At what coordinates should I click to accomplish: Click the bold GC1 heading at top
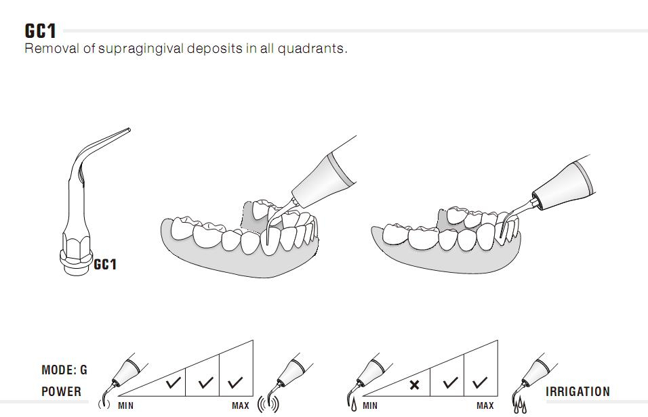click(40, 30)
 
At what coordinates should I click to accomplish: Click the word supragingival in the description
click(142, 49)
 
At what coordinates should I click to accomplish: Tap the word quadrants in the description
click(310, 49)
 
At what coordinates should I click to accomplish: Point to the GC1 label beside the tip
click(105, 264)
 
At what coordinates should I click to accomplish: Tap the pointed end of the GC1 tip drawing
click(129, 130)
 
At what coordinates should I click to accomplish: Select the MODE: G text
click(64, 370)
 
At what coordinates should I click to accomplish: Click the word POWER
click(61, 391)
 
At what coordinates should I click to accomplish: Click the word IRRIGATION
click(578, 391)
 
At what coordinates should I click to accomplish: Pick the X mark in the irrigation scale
click(414, 385)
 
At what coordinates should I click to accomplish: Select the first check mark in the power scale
click(173, 382)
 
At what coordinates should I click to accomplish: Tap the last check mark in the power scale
click(235, 382)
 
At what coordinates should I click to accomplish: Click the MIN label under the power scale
click(125, 406)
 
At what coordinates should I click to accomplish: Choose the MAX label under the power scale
click(241, 406)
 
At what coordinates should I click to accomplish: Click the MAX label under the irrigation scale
click(485, 406)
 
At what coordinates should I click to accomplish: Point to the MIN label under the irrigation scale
click(370, 406)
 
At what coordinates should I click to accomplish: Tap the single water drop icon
click(354, 404)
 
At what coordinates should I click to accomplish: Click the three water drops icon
click(520, 406)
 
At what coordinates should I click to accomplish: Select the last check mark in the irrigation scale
click(480, 382)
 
